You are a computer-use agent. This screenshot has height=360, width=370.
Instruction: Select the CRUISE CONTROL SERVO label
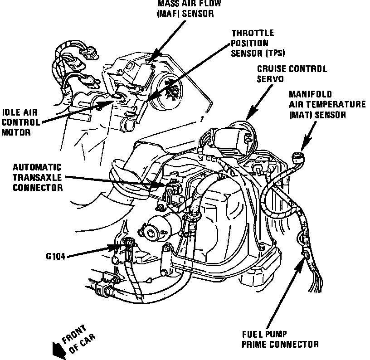click(x=292, y=74)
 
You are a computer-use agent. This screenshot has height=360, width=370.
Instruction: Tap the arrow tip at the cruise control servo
click(x=247, y=120)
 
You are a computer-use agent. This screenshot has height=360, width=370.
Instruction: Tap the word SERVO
click(x=270, y=78)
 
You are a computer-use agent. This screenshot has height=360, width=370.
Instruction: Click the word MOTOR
click(x=15, y=133)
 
